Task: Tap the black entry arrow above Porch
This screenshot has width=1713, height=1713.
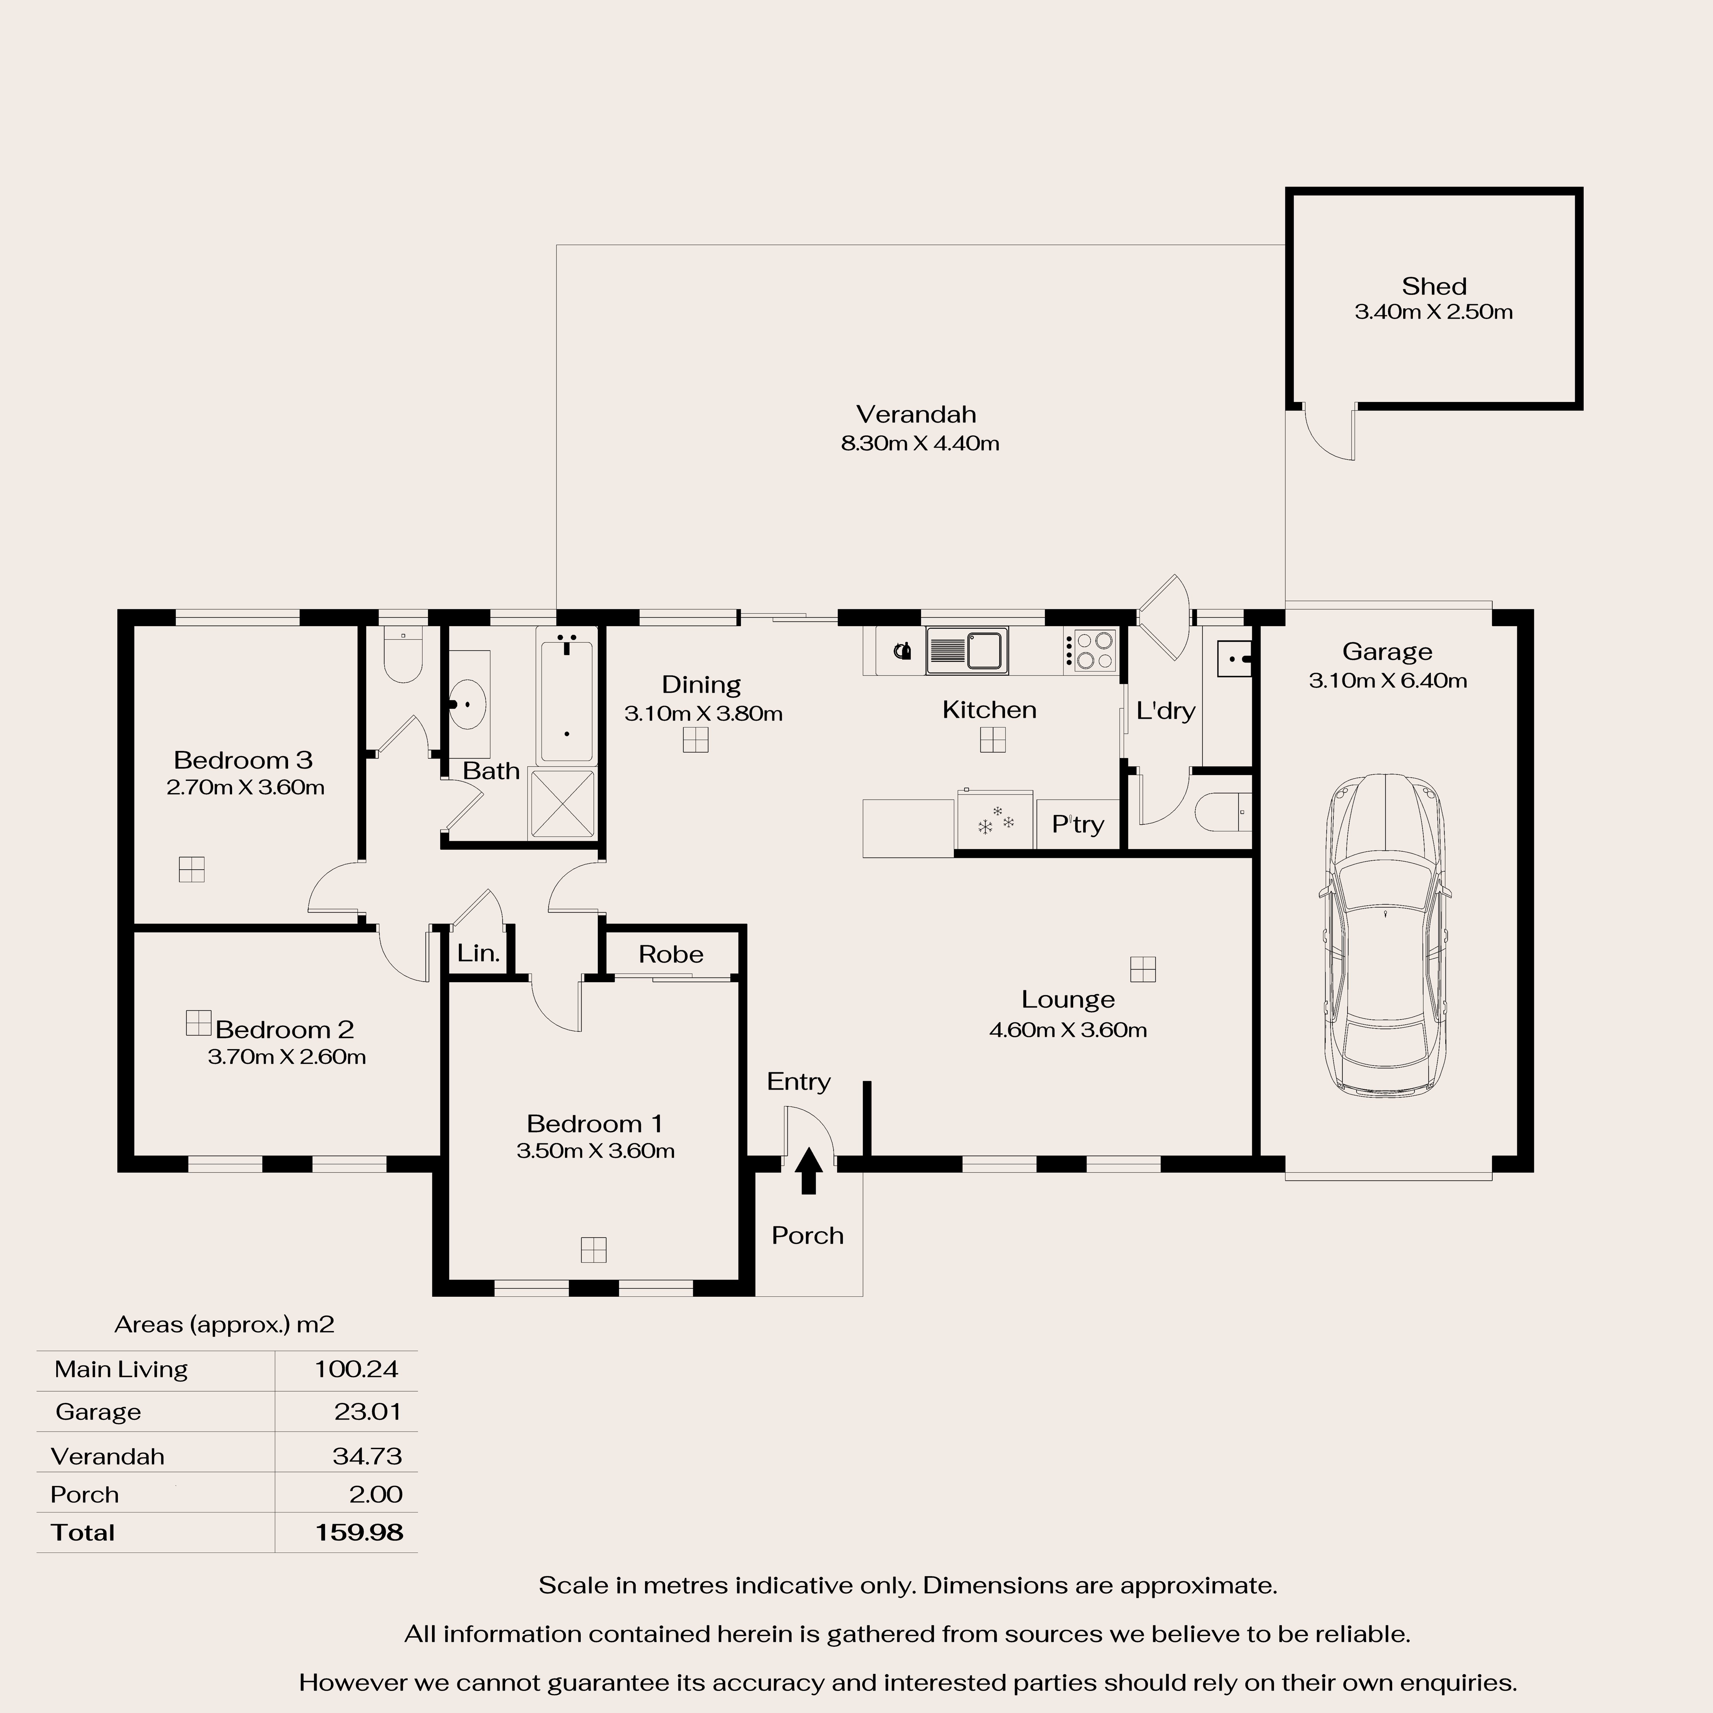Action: click(808, 1170)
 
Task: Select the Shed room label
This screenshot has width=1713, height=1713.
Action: click(1434, 286)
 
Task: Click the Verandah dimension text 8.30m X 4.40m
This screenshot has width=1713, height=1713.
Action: click(919, 443)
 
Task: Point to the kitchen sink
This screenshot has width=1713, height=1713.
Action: click(966, 651)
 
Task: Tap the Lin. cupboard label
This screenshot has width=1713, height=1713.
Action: click(479, 953)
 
